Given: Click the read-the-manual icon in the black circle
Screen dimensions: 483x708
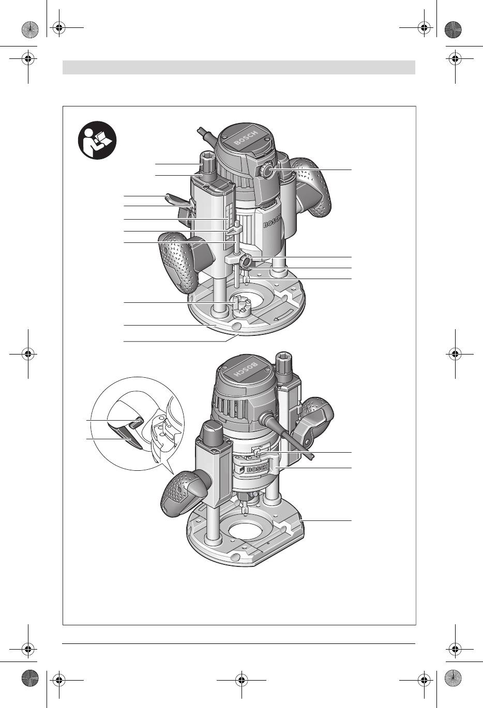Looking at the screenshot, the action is pos(97,140).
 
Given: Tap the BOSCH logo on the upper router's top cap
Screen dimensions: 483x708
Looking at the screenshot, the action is pos(246,138).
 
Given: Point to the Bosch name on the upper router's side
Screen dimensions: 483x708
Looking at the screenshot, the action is pos(273,221).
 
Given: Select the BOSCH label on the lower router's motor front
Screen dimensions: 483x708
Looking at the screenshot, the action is pos(258,469).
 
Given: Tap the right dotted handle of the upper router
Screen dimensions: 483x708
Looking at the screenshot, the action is pos(311,187).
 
